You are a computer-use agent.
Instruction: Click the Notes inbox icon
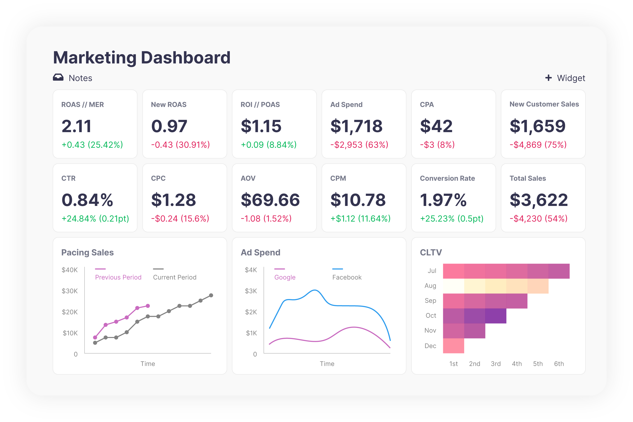pos(58,77)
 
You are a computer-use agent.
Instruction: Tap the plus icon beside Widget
pos(548,78)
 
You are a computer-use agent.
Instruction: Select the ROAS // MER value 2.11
pos(76,126)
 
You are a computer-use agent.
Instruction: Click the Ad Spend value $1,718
pos(356,126)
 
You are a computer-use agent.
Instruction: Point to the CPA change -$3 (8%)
pos(437,145)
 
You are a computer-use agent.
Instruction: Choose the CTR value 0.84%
pos(87,200)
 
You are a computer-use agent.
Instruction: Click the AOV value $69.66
pos(270,200)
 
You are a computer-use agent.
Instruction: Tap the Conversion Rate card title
pos(447,178)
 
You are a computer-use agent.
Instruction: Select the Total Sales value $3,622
pos(539,200)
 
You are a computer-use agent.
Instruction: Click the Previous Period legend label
pos(118,277)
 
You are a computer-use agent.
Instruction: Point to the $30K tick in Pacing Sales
pos(70,291)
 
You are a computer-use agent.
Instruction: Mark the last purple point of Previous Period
pos(148,306)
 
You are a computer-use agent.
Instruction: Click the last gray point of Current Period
pos(211,296)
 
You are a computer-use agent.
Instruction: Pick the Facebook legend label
pos(347,277)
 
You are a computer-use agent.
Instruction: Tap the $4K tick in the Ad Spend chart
pos(251,270)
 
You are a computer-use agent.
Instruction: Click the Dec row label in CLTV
pos(430,346)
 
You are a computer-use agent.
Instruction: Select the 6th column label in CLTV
pos(559,364)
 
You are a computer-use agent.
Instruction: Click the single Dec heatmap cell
pos(453,346)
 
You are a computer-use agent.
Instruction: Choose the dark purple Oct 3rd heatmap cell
pos(496,316)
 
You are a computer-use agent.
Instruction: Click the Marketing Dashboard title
pos(142,58)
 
